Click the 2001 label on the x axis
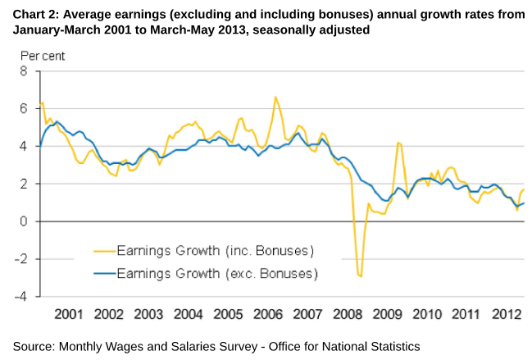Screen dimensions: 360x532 pyautogui.click(x=69, y=314)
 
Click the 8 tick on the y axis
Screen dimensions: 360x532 pyautogui.click(x=24, y=71)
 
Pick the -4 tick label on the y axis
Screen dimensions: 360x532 pyautogui.click(x=21, y=297)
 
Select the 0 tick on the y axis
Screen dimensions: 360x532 pyautogui.click(x=24, y=221)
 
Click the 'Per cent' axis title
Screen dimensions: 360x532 pyautogui.click(x=43, y=57)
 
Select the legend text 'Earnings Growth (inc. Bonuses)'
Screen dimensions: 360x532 pyautogui.click(x=216, y=250)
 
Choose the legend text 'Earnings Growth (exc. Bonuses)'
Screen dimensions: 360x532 pyautogui.click(x=217, y=272)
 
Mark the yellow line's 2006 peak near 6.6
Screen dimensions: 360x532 pyautogui.click(x=275, y=97)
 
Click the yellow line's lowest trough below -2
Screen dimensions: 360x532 pyautogui.click(x=360, y=276)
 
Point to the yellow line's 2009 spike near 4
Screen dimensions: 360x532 pyautogui.click(x=398, y=143)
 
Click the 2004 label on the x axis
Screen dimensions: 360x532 pyautogui.click(x=188, y=314)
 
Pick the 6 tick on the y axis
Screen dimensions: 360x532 pyautogui.click(x=24, y=109)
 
